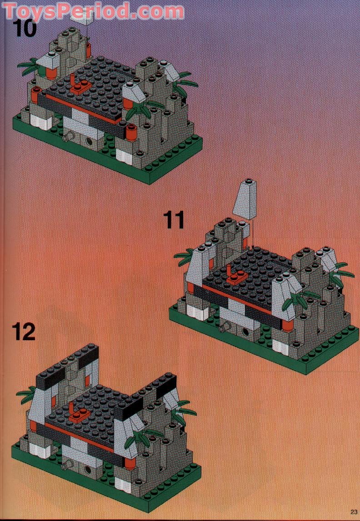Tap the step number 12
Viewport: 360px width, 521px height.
24,332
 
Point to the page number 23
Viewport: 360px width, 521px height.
353,512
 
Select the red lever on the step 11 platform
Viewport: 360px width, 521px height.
236,276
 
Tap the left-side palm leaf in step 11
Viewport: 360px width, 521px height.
184,258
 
